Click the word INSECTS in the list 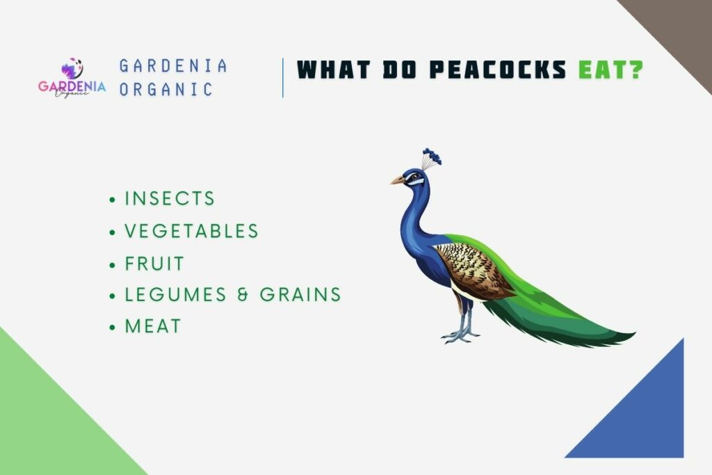(170, 198)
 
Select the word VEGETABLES (191, 231)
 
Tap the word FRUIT (154, 264)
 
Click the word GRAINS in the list (300, 294)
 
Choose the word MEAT (153, 325)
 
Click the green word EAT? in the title (610, 70)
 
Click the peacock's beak (397, 181)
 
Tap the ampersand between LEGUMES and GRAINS (243, 294)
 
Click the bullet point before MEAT (113, 327)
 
